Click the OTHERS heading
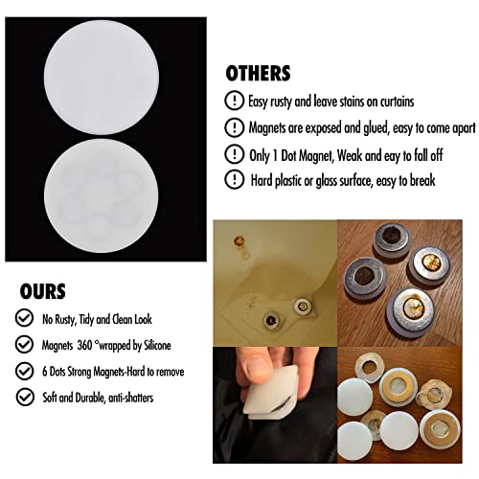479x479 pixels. (258, 74)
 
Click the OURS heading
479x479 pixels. (45, 290)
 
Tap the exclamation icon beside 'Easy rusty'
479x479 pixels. (233, 101)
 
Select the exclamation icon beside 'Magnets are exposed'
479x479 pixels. (233, 126)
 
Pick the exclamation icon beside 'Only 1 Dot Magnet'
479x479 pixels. (233, 152)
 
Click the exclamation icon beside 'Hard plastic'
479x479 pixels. (233, 178)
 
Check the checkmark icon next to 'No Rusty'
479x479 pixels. (24, 317)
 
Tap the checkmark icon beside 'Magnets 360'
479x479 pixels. (24, 343)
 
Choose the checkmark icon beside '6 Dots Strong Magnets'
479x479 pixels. (24, 369)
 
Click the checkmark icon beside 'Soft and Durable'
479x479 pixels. (24, 395)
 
